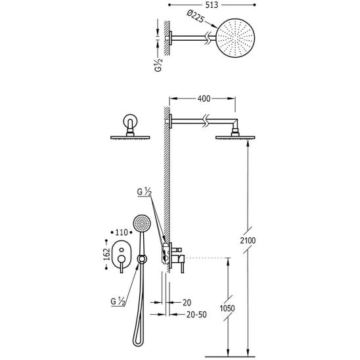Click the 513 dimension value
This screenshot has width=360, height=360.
pos(212,5)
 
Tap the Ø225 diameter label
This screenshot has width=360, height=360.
pos(195,16)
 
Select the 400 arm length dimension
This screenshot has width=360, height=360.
pos(204,99)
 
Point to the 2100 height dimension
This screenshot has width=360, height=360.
pos(248,240)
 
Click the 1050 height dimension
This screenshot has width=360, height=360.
pos(227,308)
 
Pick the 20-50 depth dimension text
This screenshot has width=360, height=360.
pos(196,315)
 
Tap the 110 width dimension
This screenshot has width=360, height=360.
pos(122,233)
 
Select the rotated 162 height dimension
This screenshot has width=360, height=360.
pos(106,254)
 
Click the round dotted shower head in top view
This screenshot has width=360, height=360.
pos(236,38)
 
